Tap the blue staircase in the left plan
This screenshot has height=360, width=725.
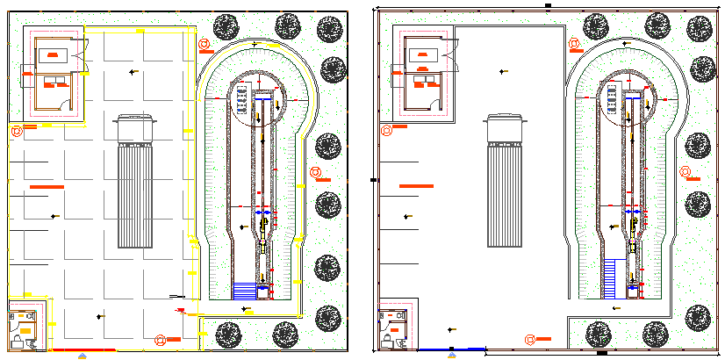point(242,289)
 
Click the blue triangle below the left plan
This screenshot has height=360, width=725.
point(83,356)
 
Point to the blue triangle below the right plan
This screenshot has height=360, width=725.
point(452,356)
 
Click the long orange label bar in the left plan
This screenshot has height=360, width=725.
point(47,187)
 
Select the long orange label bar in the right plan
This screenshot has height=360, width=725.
point(415,186)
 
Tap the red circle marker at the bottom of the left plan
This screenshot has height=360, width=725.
point(160,340)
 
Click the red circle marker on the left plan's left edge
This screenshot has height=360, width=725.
point(15,131)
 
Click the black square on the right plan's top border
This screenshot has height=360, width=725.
point(548,5)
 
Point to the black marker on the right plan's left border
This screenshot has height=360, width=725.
point(373,180)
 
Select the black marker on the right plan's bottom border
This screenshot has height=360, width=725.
point(602,353)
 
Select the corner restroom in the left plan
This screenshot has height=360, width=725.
point(24,326)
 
